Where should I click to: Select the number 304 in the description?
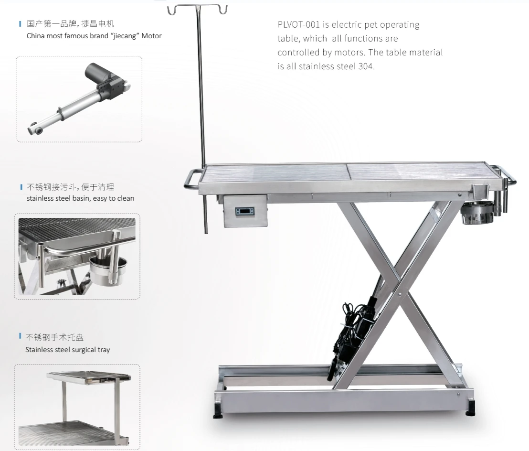tap(366, 66)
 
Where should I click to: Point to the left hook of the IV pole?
tap(173, 10)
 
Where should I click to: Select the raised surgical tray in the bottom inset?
tap(89, 377)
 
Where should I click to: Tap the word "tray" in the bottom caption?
tap(104, 350)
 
